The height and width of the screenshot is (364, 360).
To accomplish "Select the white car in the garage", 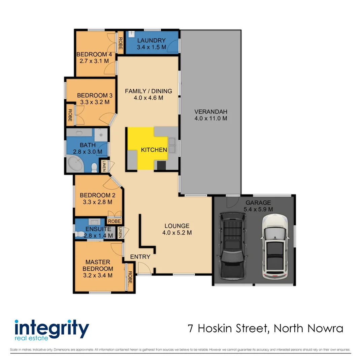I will (x=275, y=247).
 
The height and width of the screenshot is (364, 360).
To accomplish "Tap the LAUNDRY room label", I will (x=151, y=41).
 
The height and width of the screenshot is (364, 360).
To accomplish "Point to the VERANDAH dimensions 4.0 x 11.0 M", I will (x=211, y=118).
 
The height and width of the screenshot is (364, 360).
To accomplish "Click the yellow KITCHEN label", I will (x=154, y=150).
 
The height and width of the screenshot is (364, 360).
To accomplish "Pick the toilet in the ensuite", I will (x=79, y=234).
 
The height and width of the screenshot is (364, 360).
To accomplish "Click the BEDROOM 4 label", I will (x=94, y=54).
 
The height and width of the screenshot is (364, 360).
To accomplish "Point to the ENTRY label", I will (x=140, y=257).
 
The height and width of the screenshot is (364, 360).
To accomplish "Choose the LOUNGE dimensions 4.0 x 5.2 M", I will (x=177, y=233).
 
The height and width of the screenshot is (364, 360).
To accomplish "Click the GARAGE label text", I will (x=258, y=203).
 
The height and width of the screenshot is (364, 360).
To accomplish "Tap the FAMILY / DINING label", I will (x=149, y=91).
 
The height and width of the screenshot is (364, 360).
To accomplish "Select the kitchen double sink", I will (x=172, y=145).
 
